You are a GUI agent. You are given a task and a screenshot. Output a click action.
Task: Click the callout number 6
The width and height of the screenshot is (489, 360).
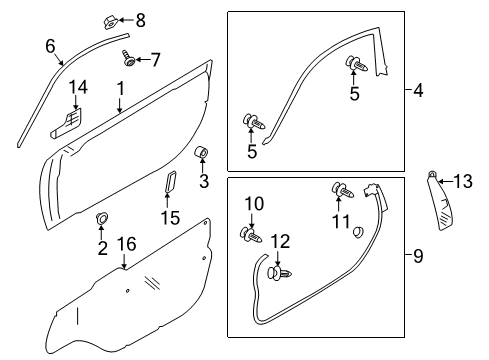pos(50,44)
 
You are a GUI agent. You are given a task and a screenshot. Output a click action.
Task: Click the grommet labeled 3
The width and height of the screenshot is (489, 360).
pos(201,152)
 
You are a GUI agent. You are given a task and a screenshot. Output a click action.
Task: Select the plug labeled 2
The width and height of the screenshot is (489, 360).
pos(102,218)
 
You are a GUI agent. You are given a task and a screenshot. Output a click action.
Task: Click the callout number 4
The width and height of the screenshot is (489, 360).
pos(418,91)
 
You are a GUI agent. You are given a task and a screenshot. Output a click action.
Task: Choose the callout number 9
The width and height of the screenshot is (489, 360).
pos(418,257)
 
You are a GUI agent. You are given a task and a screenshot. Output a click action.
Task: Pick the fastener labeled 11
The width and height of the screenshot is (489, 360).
pos(341,190)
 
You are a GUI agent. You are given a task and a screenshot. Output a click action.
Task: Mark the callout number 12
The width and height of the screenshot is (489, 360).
pos(282,241)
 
